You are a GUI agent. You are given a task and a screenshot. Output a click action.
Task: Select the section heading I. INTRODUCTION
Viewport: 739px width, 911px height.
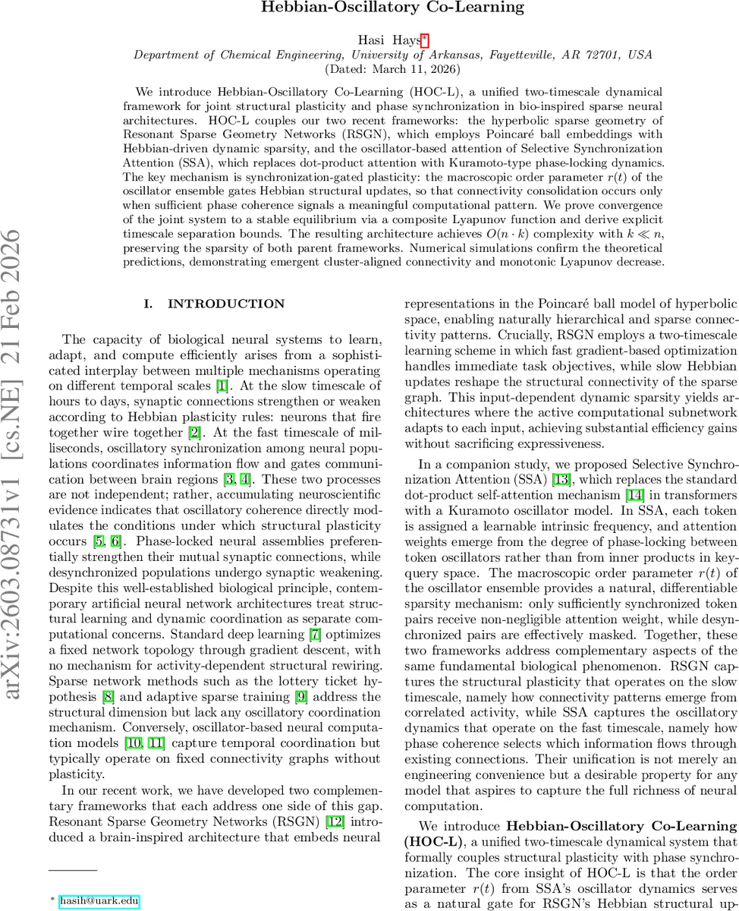[x=215, y=304]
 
